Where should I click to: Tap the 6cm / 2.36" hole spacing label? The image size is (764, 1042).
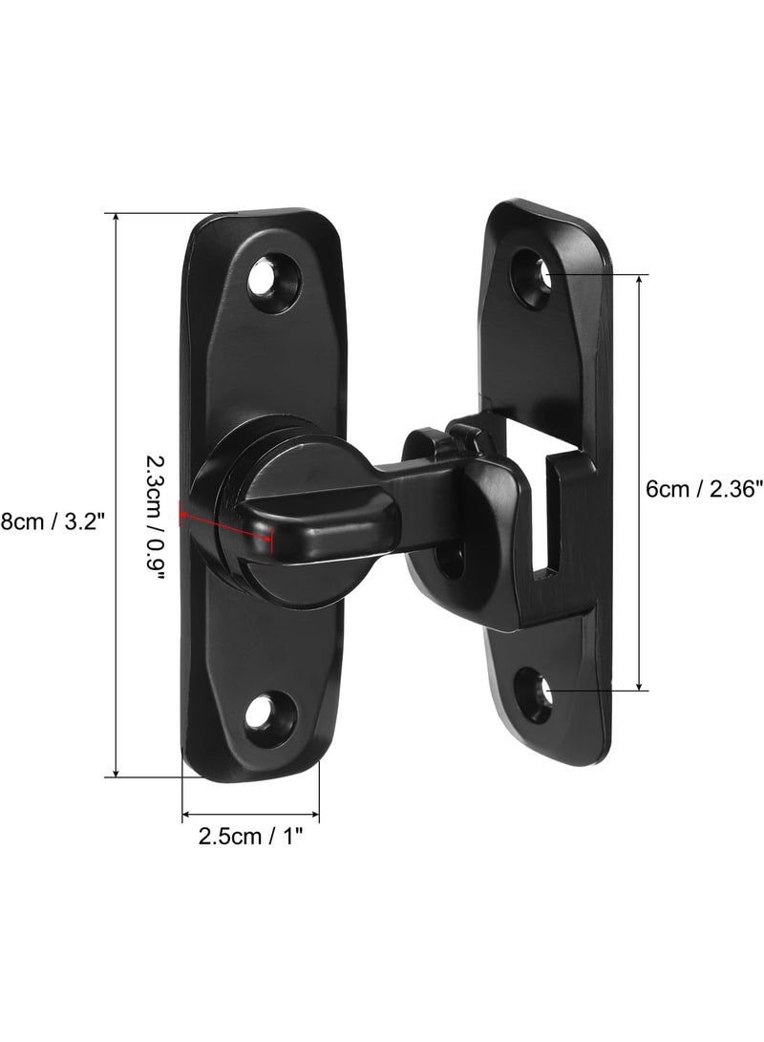tap(702, 489)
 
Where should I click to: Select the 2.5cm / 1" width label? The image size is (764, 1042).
tap(250, 836)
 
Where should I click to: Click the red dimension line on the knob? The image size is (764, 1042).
tap(226, 523)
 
